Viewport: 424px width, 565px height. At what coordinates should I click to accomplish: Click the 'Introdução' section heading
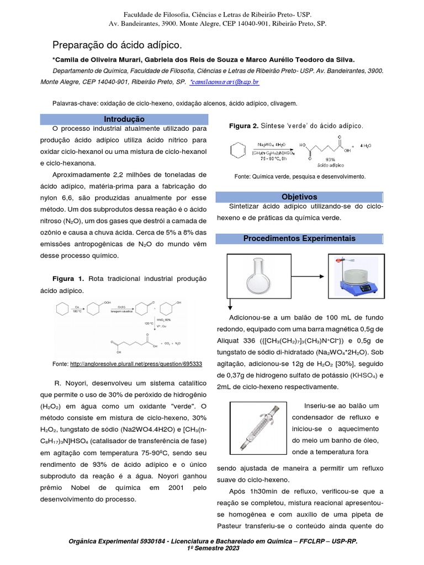click(x=124, y=119)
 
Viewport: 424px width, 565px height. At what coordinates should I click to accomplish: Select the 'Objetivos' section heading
click(x=299, y=196)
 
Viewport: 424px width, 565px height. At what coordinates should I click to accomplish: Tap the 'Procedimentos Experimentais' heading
click(x=299, y=238)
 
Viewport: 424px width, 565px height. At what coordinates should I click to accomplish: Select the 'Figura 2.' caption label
click(x=244, y=126)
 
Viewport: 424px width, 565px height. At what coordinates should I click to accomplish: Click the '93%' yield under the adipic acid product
click(x=331, y=159)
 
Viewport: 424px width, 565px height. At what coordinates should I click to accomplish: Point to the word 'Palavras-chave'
click(x=76, y=103)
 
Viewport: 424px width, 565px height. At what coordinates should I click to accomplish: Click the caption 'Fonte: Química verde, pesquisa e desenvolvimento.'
click(x=300, y=177)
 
